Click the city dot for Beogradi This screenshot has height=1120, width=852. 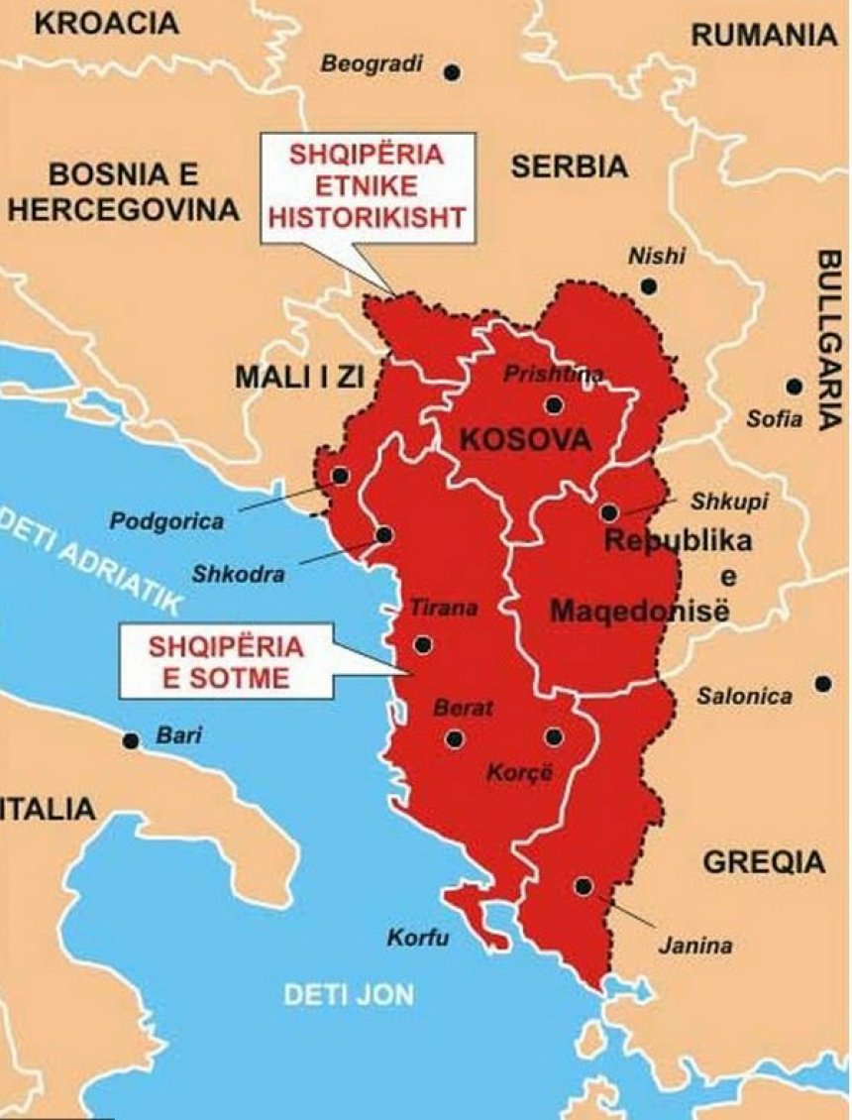(x=453, y=72)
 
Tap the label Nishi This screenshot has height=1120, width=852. (x=656, y=256)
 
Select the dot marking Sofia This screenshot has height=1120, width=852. (x=794, y=387)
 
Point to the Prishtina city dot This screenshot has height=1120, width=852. (x=553, y=404)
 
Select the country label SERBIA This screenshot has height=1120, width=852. (x=570, y=167)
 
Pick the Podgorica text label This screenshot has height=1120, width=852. (x=166, y=521)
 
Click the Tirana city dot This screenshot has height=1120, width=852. (x=423, y=645)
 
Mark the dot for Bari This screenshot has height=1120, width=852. (x=130, y=740)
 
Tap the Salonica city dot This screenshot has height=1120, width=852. (x=822, y=683)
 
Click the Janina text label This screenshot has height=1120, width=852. (x=695, y=946)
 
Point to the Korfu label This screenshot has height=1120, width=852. (x=418, y=938)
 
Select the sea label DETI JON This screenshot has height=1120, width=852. (x=349, y=995)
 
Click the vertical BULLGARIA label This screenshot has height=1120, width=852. (x=828, y=337)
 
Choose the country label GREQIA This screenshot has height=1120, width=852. (x=764, y=861)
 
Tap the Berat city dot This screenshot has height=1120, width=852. (x=455, y=738)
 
